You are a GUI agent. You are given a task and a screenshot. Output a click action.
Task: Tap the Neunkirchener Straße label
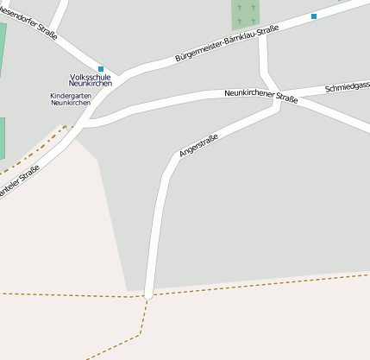pyautogui.click(x=260, y=95)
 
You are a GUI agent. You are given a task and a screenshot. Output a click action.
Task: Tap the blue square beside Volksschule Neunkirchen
pyautogui.click(x=101, y=69)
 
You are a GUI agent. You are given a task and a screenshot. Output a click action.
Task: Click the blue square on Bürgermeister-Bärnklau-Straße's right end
pyautogui.click(x=314, y=16)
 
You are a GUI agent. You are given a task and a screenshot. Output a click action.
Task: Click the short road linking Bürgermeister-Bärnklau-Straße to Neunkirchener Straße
pyautogui.click(x=264, y=60)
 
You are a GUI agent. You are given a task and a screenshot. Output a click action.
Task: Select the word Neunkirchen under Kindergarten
pyautogui.click(x=71, y=103)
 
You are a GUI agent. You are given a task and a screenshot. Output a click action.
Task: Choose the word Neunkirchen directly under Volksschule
pyautogui.click(x=91, y=84)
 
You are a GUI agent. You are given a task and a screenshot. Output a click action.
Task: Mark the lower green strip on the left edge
pyautogui.click(x=2, y=138)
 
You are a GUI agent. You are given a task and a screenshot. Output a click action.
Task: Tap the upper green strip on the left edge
pyautogui.click(x=3, y=52)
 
